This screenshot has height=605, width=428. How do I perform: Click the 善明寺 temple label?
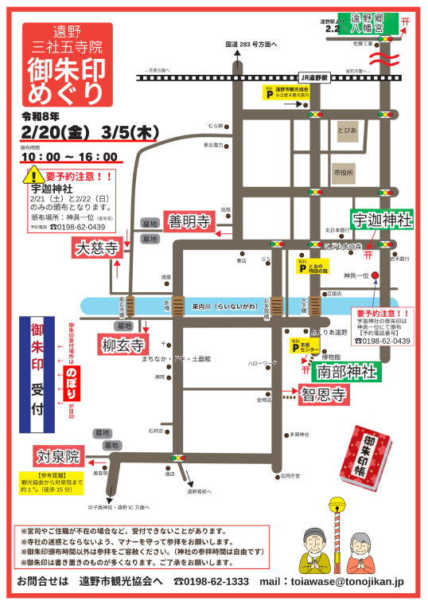[x=189, y=221]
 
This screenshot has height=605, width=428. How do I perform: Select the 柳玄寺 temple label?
[x=123, y=345]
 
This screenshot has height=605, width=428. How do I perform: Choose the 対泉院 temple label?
[x=57, y=456]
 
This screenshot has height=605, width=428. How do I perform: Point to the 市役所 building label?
[x=343, y=172]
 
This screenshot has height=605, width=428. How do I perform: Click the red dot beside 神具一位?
[x=375, y=275]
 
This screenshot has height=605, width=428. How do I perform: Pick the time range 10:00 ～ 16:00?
[x=69, y=157]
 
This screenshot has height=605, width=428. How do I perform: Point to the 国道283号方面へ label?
[x=251, y=45]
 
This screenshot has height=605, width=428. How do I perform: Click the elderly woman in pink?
[x=360, y=549]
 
